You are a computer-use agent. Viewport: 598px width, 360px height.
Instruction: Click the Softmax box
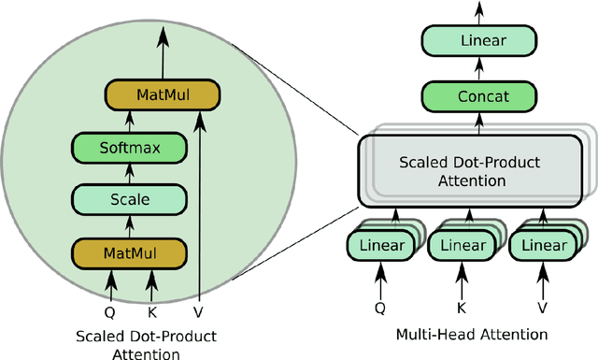click(131, 147)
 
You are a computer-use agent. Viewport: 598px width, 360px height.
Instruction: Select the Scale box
click(131, 199)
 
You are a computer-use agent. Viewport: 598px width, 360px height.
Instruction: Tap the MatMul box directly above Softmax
click(162, 94)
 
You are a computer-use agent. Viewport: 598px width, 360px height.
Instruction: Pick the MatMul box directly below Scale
click(131, 252)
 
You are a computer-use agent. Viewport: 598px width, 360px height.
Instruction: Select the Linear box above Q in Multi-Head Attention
click(380, 246)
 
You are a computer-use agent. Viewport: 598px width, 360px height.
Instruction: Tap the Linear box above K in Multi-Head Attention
click(461, 246)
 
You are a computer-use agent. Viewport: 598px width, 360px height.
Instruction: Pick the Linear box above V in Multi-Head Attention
click(541, 246)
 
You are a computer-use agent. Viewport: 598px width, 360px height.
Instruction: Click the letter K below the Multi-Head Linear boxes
click(461, 306)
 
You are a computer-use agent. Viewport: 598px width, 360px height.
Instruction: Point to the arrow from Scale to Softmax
click(131, 173)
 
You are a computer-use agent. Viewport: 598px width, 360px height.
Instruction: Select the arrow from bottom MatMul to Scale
click(131, 226)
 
